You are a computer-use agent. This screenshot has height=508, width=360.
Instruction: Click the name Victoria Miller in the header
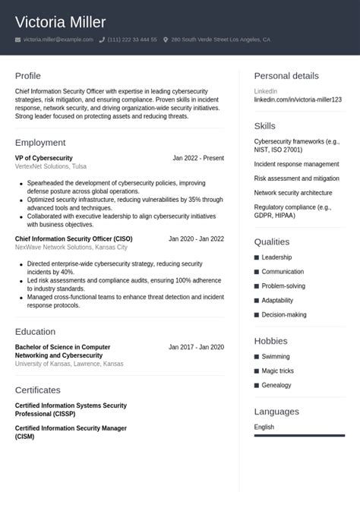tap(61, 22)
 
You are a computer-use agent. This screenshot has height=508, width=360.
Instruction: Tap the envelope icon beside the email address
tap(17, 39)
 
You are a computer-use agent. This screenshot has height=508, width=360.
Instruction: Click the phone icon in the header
tap(102, 39)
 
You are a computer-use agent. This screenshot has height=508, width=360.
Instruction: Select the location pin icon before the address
tap(166, 39)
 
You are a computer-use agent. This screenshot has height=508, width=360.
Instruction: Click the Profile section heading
tap(28, 76)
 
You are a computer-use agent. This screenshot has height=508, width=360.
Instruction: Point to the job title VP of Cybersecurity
tap(43, 158)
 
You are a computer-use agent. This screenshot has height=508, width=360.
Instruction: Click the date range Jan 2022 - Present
tap(198, 158)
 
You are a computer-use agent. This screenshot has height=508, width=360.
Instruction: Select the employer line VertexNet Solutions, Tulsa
tap(51, 166)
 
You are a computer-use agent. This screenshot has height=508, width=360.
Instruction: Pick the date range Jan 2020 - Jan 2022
tap(196, 238)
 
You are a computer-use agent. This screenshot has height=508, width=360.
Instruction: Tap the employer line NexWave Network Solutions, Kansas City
tap(71, 248)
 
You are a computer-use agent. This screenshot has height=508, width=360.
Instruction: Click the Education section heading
tap(35, 332)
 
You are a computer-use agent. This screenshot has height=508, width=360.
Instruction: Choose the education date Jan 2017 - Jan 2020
tap(196, 347)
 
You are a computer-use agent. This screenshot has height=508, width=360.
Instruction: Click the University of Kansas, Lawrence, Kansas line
tap(69, 364)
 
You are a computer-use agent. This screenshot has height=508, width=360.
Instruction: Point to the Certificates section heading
tap(38, 390)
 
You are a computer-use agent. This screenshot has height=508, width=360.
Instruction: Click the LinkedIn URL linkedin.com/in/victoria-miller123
tap(298, 99)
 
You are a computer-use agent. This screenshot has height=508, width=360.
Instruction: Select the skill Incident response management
tap(296, 164)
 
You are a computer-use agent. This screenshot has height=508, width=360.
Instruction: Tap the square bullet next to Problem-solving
tap(257, 286)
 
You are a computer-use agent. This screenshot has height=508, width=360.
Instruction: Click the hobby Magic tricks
tap(277, 371)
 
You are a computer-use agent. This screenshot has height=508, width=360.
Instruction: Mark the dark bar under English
tap(299, 436)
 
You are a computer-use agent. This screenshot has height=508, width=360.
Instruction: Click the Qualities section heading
tap(272, 241)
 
